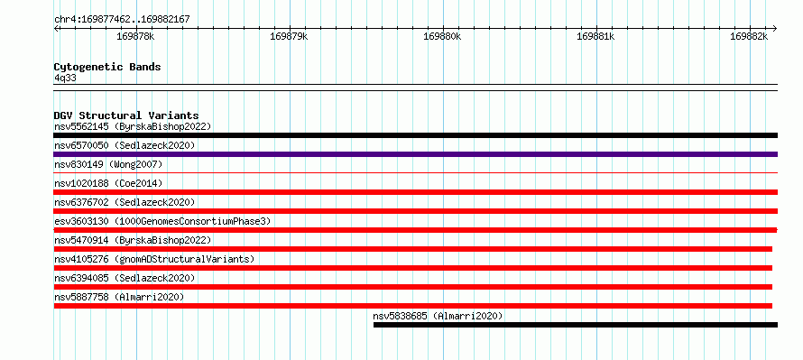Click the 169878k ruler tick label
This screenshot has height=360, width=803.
pos(135,36)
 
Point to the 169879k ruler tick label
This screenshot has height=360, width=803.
pos(289,36)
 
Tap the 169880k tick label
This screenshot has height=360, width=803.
pos(442,36)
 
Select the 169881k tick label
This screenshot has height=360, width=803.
pos(595,36)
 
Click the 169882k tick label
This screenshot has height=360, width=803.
pos(749,36)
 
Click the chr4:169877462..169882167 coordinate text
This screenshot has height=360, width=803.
pos(122,20)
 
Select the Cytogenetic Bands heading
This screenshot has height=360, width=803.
pos(107,67)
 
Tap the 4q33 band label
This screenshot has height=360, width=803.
pos(66,78)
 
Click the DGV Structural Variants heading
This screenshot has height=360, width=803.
pos(126,115)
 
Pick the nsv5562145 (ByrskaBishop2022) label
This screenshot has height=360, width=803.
pos(133,126)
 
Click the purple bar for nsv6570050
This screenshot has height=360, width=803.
pos(415,154)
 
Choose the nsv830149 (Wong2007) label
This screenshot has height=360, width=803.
pos(108,164)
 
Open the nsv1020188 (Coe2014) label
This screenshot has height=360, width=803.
pos(108,183)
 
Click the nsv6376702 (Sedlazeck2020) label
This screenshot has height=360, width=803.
pos(125,202)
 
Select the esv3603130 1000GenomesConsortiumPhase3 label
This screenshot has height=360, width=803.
pos(162,221)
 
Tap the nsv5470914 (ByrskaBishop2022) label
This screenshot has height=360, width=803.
pos(133,240)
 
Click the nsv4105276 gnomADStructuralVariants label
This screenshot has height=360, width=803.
pos(154,259)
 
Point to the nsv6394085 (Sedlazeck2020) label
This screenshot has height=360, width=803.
pos(125,278)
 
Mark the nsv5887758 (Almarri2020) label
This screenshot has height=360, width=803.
pos(119,297)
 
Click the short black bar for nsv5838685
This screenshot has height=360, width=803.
pos(576,325)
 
